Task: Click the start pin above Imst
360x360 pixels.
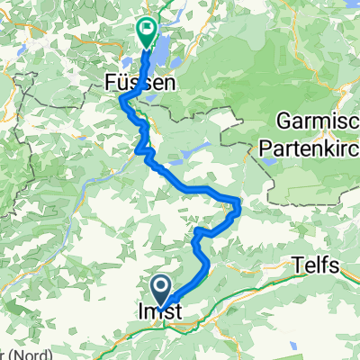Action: pos(163,290)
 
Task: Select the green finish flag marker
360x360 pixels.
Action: pos(147,32)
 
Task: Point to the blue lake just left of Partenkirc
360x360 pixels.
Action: pos(267,162)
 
